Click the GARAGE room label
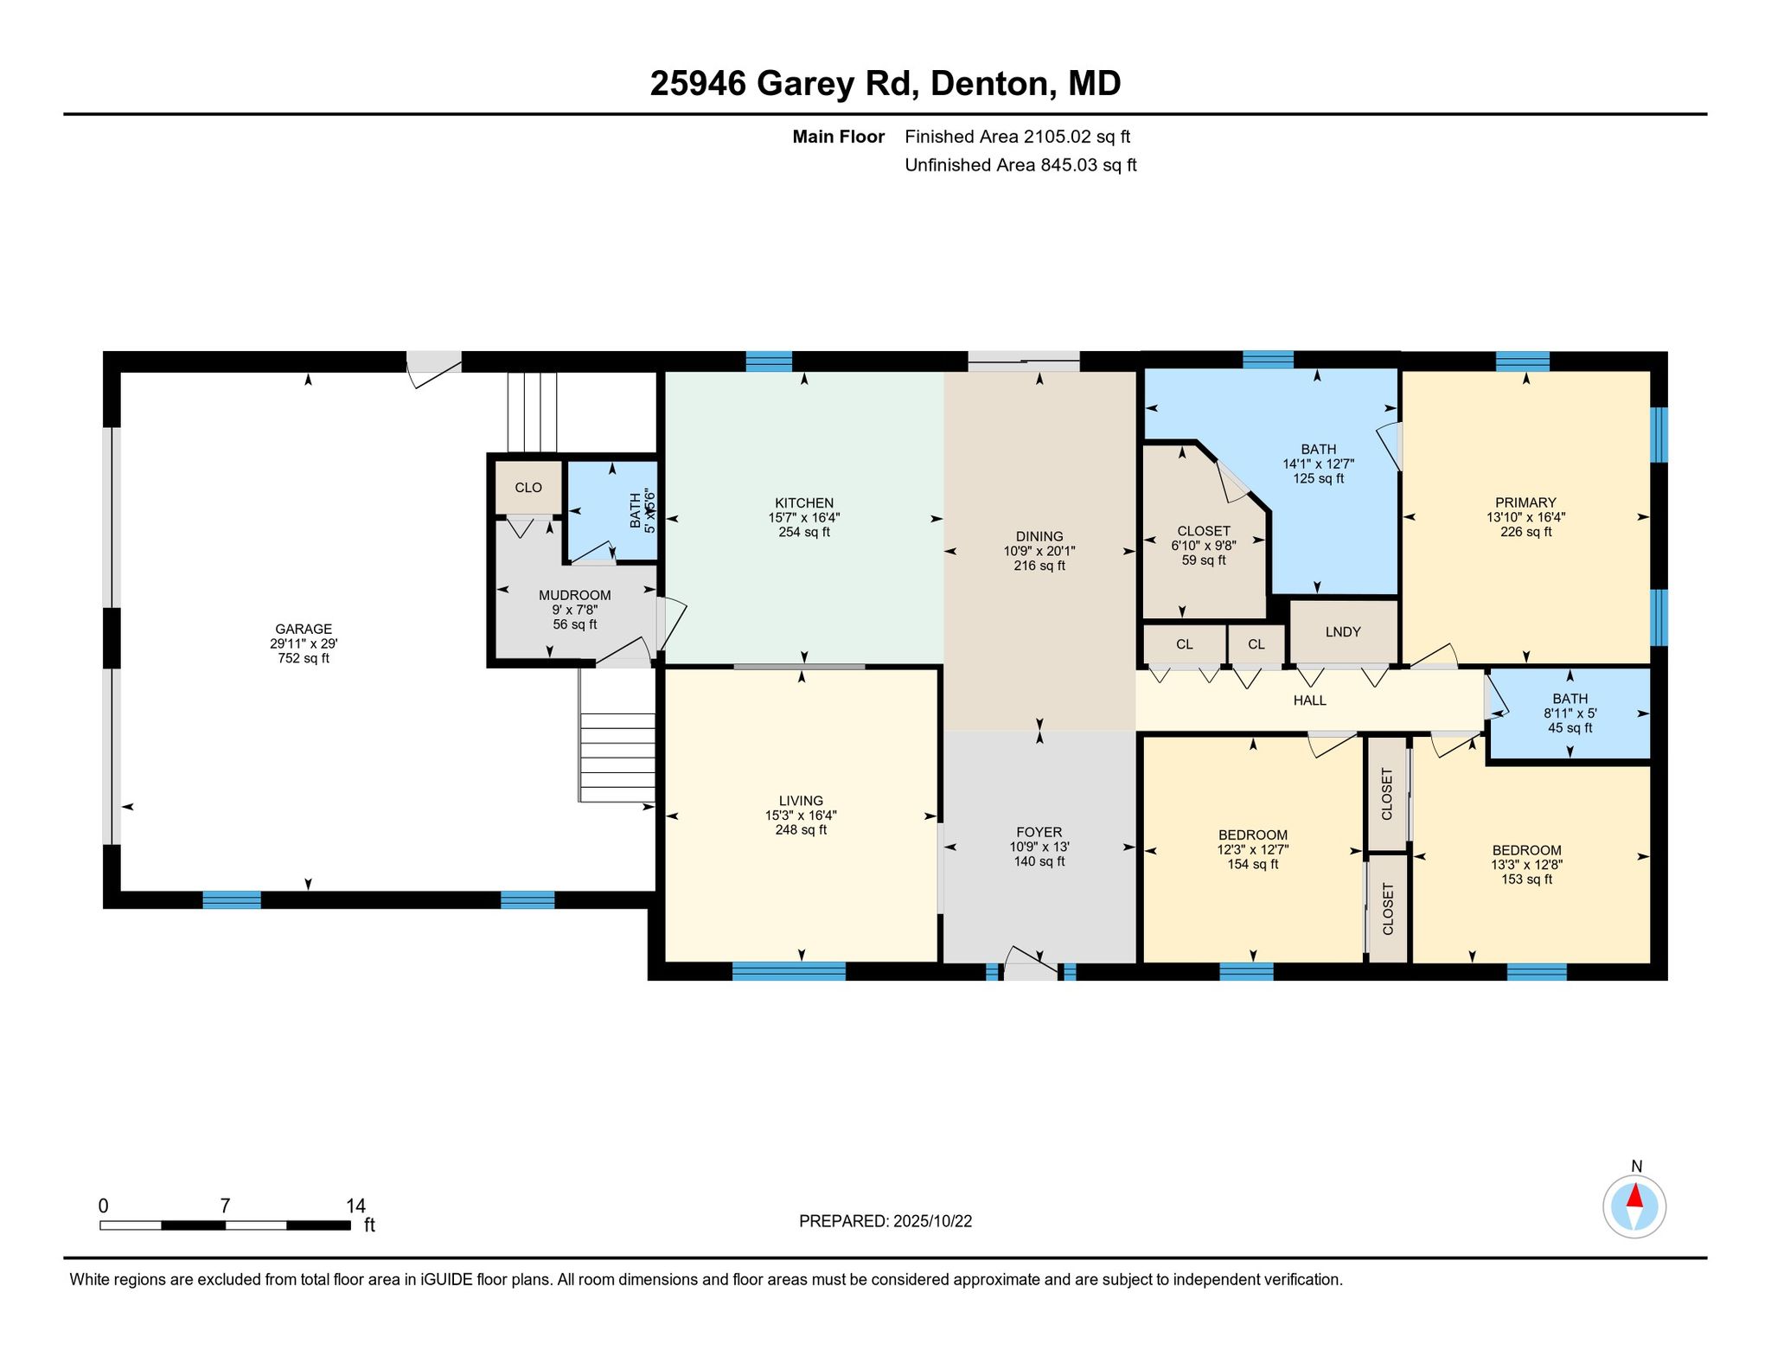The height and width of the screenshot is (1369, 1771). (304, 629)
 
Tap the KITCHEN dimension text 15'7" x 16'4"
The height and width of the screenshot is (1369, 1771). (804, 517)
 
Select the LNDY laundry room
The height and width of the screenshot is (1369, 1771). (1343, 632)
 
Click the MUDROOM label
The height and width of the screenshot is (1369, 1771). (575, 595)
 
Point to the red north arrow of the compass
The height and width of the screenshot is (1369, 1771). (1634, 1195)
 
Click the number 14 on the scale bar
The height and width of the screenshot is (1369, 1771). (355, 1206)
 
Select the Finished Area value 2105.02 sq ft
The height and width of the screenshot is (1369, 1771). (1077, 137)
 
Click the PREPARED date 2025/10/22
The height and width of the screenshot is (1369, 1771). (932, 1221)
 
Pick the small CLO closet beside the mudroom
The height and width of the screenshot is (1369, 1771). (528, 488)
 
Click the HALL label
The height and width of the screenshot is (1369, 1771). (1310, 700)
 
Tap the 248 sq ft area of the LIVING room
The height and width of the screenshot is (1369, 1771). (801, 830)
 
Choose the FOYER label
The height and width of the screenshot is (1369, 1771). (1039, 833)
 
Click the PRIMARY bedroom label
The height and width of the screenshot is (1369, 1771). (1526, 502)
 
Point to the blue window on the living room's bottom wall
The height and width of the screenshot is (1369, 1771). (789, 971)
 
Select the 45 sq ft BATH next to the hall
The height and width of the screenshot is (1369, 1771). (1570, 714)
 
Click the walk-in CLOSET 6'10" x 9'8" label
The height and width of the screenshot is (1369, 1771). (1204, 531)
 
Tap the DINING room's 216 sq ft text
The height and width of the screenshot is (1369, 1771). (1039, 566)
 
